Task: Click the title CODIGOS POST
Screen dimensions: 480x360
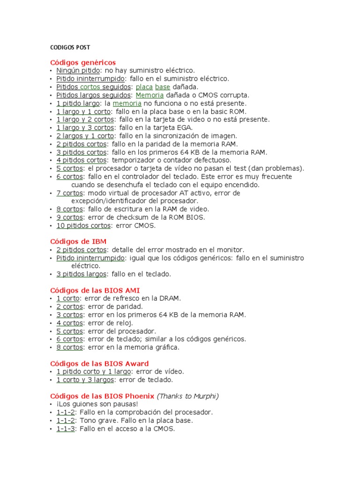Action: (70, 47)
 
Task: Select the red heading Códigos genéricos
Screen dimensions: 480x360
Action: (82, 62)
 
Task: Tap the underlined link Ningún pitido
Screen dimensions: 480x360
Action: (78, 70)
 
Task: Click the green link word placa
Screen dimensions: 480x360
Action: (144, 87)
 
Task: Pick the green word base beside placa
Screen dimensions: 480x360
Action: (163, 87)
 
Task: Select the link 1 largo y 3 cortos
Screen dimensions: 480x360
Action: (85, 127)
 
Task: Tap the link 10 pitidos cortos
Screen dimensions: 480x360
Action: (83, 225)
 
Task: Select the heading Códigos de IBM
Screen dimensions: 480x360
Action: (78, 241)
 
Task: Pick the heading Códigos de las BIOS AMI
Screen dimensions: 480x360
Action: (95, 290)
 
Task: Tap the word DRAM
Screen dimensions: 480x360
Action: (171, 298)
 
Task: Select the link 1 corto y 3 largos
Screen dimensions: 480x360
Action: (84, 380)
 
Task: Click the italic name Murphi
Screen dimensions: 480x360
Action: (204, 396)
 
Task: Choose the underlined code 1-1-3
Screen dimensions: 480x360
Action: (66, 428)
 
